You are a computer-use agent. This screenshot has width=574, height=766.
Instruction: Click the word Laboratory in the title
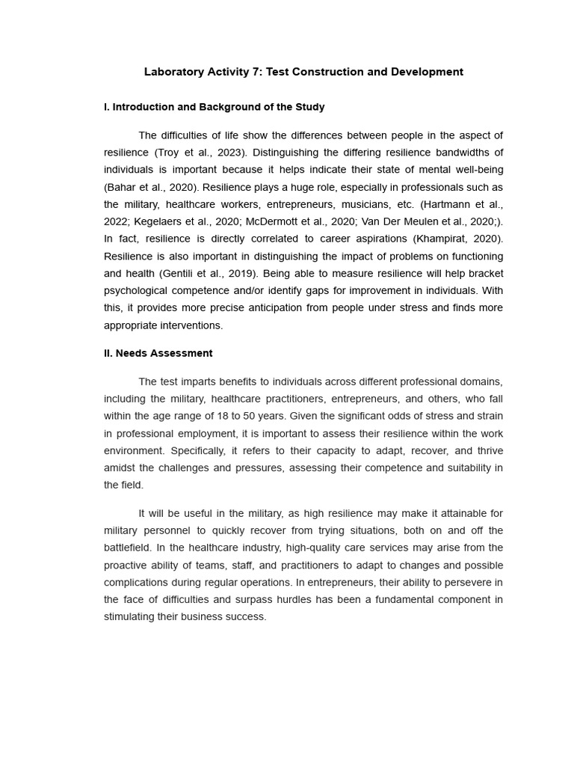pyautogui.click(x=173, y=72)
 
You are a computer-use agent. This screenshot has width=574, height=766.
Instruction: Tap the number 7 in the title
pyautogui.click(x=254, y=72)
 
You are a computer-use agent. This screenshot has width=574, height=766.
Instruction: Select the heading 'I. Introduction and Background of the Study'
pyautogui.click(x=214, y=107)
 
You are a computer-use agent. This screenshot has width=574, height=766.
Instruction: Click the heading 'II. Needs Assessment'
pyautogui.click(x=158, y=353)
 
